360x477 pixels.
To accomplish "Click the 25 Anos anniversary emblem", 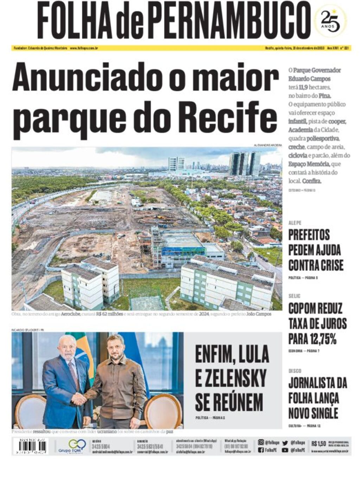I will (330, 21).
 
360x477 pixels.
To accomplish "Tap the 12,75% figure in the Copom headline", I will (322, 339).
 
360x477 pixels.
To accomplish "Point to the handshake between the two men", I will (79, 399).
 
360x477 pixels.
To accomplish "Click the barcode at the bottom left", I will (30, 446).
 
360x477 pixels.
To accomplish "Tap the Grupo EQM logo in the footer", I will (72, 446).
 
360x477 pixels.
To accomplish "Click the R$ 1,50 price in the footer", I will (319, 443).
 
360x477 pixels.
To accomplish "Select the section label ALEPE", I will (295, 223).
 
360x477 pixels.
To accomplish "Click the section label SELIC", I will (294, 296).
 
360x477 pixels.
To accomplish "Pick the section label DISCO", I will (295, 370).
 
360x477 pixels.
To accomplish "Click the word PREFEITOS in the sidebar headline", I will (309, 234).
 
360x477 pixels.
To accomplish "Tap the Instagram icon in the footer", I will (261, 442).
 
